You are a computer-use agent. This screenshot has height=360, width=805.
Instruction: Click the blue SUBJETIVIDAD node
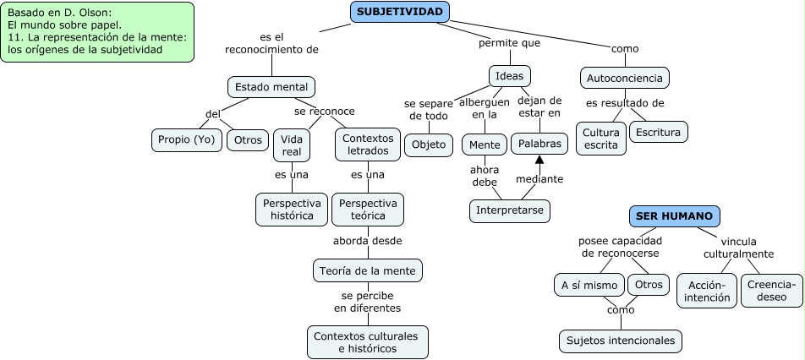399,12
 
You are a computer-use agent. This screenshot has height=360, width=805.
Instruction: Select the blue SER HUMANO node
674,216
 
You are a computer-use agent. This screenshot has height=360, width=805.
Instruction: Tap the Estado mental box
271,87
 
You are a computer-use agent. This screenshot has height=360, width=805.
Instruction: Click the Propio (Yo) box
187,139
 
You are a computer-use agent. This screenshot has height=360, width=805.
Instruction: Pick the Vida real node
292,145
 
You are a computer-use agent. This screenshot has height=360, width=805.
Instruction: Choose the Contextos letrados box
368,145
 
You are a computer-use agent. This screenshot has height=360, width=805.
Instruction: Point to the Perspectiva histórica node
292,210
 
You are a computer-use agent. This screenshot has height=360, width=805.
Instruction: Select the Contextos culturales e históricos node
367,341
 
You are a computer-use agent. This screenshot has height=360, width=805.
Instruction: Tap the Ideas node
510,76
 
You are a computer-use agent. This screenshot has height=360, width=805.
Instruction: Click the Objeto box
428,145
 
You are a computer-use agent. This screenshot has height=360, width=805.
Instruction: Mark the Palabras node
539,144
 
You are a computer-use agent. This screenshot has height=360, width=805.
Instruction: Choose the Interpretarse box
510,210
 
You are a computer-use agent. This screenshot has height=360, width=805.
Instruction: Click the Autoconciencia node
625,79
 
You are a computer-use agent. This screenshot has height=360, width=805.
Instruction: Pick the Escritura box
659,133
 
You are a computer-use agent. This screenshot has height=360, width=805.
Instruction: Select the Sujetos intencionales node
620,341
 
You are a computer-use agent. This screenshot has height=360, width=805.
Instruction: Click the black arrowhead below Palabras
539,161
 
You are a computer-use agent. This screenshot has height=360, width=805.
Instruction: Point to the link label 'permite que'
509,42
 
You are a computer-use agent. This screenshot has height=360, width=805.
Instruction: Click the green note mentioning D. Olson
98,32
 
